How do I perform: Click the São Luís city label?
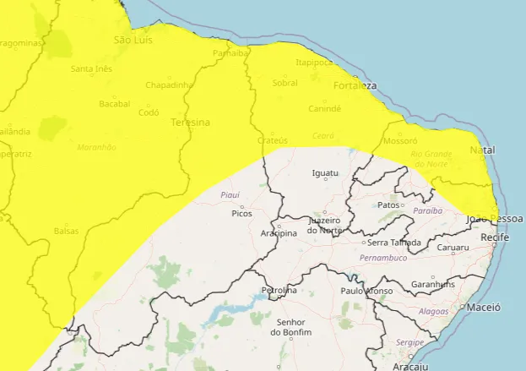tap(132, 40)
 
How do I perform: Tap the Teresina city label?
tap(192, 123)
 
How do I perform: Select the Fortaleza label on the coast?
tap(355, 86)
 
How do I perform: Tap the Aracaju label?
tap(411, 366)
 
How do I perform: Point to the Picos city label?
tap(241, 214)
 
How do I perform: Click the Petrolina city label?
tap(279, 291)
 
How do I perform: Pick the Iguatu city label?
tap(325, 173)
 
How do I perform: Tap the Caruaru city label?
tap(453, 248)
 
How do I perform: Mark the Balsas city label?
tap(66, 231)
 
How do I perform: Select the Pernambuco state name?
tap(382, 257)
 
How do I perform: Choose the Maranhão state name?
tap(96, 147)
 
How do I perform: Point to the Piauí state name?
tap(230, 194)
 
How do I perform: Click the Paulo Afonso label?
tap(366, 291)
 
